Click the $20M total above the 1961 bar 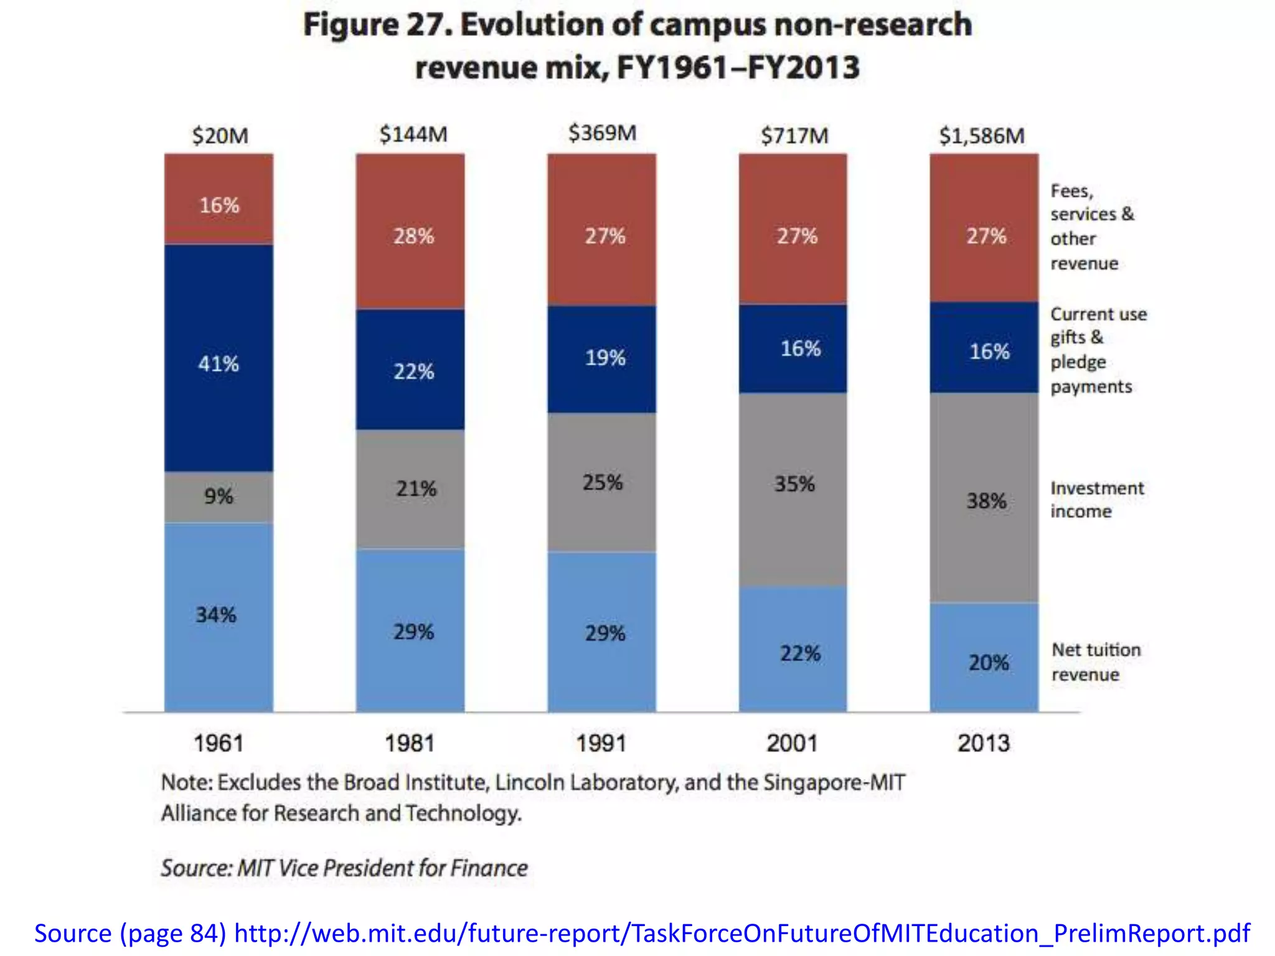click(220, 136)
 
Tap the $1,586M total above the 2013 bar click(981, 136)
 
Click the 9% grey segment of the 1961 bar click(219, 497)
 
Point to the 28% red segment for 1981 click(410, 235)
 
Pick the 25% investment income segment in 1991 click(601, 482)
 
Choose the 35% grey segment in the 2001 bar click(793, 484)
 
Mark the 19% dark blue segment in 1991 click(601, 358)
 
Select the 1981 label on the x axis click(410, 743)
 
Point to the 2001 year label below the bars click(792, 743)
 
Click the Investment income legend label click(1096, 500)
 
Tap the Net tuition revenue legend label click(1096, 662)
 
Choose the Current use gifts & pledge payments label click(1098, 350)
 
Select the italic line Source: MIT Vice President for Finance click(344, 868)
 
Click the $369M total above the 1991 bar click(602, 133)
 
